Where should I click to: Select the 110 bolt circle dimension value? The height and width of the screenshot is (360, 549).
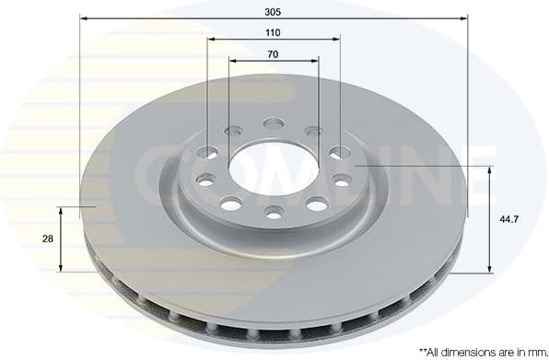[273, 32]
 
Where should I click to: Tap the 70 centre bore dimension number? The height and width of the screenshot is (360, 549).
[273, 54]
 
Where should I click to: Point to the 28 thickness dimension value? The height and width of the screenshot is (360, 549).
[47, 238]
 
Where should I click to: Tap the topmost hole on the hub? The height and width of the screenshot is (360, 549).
[274, 122]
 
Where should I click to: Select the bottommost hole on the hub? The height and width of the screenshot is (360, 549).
[274, 213]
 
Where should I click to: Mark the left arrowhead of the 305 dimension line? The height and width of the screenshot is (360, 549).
[83, 19]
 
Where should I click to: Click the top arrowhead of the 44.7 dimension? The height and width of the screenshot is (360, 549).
[489, 168]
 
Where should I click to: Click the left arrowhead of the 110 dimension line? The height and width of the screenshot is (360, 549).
[210, 40]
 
